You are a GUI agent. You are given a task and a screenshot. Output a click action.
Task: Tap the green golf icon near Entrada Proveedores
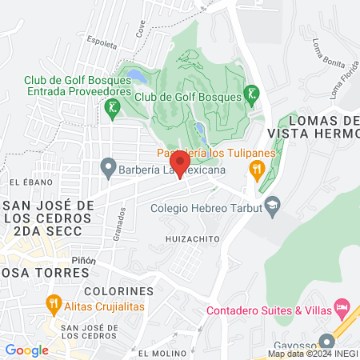point(114,106)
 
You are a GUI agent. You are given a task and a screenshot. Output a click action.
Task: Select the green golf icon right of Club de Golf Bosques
point(252,94)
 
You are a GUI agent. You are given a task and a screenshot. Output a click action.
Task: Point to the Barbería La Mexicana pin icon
point(107,169)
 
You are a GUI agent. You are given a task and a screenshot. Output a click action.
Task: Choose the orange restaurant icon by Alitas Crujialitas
point(54,305)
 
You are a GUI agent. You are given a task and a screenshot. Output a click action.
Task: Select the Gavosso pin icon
point(326,341)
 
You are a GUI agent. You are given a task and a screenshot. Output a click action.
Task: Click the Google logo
point(26,350)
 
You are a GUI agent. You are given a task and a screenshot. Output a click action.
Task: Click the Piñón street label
point(83,260)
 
